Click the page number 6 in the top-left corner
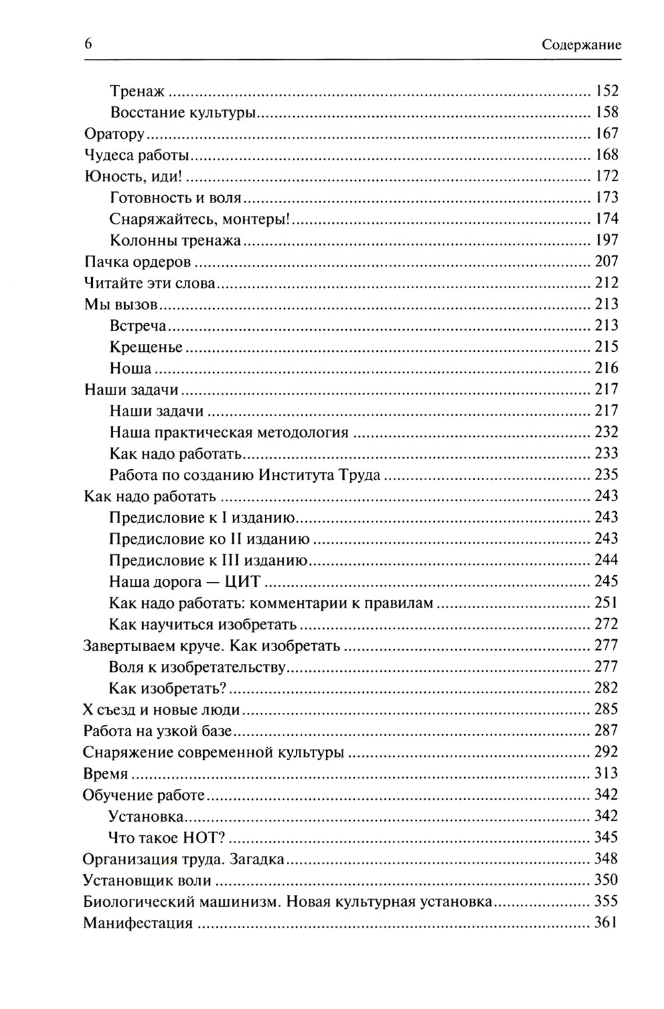tap(88, 44)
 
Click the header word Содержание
tap(581, 45)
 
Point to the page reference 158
tap(606, 112)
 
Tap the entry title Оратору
tap(114, 134)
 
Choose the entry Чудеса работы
tap(137, 155)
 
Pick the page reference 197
tap(606, 240)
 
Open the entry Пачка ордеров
tap(137, 262)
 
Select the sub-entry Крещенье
tap(146, 347)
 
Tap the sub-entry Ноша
tap(130, 368)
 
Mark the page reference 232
tap(606, 432)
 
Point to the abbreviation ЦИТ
tap(242, 582)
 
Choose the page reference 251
tap(606, 603)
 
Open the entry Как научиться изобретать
tap(203, 624)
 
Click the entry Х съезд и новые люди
tap(161, 709)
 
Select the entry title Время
tap(105, 773)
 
